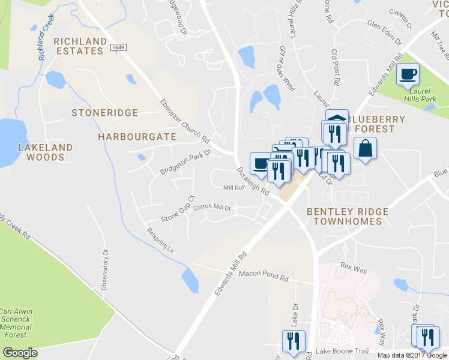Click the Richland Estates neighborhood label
click(x=79, y=46)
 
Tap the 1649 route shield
click(x=118, y=47)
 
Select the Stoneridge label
click(x=104, y=113)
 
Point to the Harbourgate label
click(x=137, y=137)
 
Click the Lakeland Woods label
click(x=45, y=152)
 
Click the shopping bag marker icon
click(x=365, y=148)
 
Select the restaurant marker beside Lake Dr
click(x=294, y=341)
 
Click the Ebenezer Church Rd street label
click(x=184, y=120)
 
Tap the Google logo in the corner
click(x=19, y=353)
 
